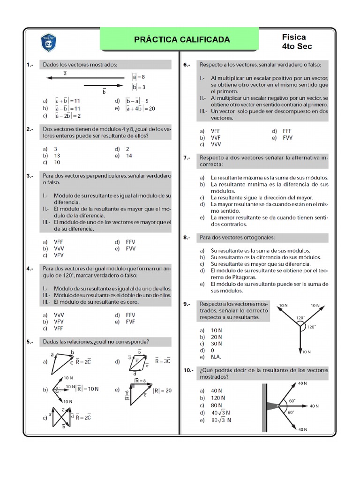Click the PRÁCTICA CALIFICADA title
click(182, 39)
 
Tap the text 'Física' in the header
click(294, 37)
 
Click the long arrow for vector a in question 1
click(84, 78)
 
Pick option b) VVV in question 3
click(53, 248)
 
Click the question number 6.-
click(187, 64)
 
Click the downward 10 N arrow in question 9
click(300, 340)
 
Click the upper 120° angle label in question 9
click(300, 317)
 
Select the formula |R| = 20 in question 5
click(162, 390)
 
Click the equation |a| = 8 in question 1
click(138, 76)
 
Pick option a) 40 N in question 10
click(210, 390)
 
